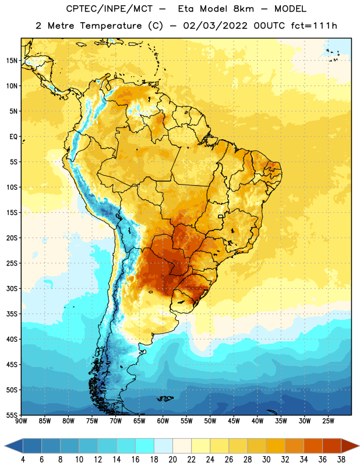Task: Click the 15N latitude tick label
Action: pos(12,61)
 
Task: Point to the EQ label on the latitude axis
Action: pos(13,137)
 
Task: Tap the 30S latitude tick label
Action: pos(12,289)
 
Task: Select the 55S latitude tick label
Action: pos(12,415)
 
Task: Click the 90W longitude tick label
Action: pos(21,421)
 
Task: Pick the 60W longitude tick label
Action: pos(163,421)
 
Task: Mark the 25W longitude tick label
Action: pos(328,421)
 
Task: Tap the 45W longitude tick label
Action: pos(234,421)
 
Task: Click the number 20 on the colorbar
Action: pos(172,460)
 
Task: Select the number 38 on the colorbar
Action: pos(341,460)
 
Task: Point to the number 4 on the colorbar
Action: pos(23,460)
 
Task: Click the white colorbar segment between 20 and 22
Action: pos(182,446)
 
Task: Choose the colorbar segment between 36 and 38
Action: pos(332,446)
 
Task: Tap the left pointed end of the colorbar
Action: pos(5,446)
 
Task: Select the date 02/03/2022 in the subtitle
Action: pos(215,26)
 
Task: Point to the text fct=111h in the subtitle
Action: pos(314,26)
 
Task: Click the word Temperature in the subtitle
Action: pos(111,26)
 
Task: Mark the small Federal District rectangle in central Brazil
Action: pos(221,216)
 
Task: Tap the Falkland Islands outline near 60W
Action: pos(165,398)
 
